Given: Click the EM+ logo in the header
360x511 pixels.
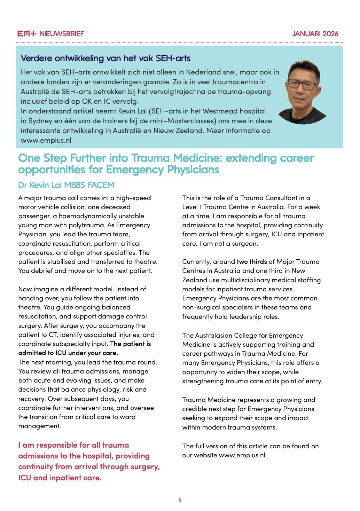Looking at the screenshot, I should (x=27, y=34).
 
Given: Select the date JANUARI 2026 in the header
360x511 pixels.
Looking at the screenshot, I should (x=315, y=34).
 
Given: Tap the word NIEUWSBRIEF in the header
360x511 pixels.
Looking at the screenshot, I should (x=62, y=34).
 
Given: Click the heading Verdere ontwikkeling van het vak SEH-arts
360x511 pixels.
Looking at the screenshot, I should (x=105, y=58).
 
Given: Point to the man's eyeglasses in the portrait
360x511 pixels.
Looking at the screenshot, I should (x=302, y=84).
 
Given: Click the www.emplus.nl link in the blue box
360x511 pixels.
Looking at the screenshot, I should (x=46, y=140).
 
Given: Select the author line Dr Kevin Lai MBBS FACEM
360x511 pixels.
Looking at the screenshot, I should (x=66, y=185).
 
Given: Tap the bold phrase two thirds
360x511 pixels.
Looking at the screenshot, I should (x=252, y=262).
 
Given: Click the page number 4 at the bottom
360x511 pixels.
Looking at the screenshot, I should (x=180, y=500).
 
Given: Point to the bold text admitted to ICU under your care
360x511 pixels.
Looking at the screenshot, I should (x=68, y=353).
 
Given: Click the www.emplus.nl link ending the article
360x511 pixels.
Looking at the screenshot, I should (x=242, y=455).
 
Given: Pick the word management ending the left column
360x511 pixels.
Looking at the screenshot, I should (x=39, y=426).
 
